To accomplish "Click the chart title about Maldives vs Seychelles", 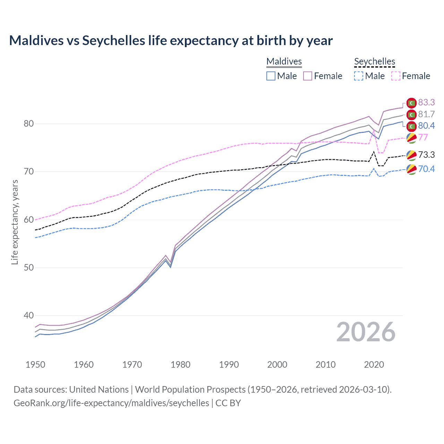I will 171,41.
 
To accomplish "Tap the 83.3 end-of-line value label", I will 426,102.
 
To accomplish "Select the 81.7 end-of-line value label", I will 426,114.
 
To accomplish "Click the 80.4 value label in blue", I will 426,126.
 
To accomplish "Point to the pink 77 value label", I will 423,137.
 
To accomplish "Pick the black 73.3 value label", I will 426,155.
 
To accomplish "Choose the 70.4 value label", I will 426,169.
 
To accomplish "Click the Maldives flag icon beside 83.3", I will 411,103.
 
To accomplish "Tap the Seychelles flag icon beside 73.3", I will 411,155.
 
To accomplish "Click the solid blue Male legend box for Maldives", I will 271,76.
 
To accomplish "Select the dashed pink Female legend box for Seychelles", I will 396,76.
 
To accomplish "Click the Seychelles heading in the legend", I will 375,61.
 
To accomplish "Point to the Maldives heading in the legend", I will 284,61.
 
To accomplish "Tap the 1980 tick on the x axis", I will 180,365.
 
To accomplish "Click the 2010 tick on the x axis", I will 325,365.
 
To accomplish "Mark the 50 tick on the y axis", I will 29,267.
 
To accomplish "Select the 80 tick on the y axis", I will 29,124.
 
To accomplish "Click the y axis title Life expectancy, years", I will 15,222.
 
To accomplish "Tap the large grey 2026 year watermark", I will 366,332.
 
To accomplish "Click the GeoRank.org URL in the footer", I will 111,403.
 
